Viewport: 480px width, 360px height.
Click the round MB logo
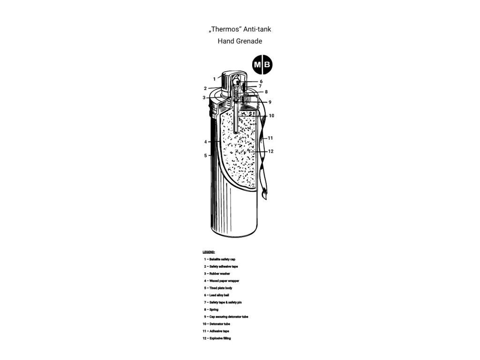click(262, 65)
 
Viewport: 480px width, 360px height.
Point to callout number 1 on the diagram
click(214, 79)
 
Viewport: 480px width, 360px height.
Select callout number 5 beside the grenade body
click(205, 156)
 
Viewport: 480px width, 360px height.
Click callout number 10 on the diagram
click(271, 116)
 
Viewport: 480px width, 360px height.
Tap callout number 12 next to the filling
click(270, 151)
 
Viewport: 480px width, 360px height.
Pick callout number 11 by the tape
click(270, 138)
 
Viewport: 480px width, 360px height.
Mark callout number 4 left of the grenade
click(205, 142)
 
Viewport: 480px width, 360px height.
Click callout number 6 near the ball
click(261, 82)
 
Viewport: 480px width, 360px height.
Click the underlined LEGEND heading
click(209, 252)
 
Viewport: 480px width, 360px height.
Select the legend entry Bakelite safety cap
click(219, 259)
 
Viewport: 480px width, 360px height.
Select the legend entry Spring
click(211, 309)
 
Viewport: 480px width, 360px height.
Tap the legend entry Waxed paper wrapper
click(221, 281)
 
